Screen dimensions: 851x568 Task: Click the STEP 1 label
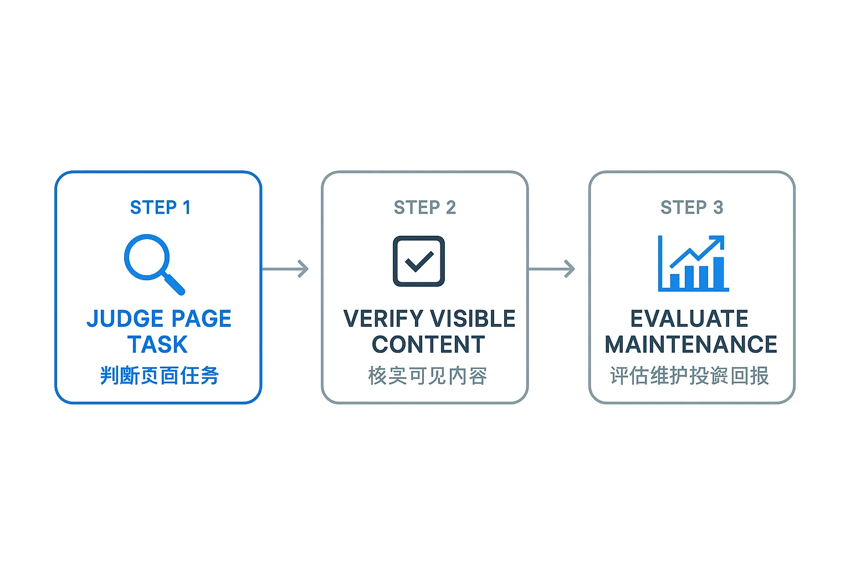pyautogui.click(x=160, y=207)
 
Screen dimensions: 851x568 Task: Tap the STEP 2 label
pyautogui.click(x=425, y=207)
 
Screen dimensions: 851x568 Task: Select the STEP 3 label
pyautogui.click(x=692, y=207)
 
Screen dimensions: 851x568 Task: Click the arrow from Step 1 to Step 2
pyautogui.click(x=285, y=269)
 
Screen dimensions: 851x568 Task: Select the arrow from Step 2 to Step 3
pyautogui.click(x=552, y=269)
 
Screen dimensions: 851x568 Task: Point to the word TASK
pyautogui.click(x=157, y=344)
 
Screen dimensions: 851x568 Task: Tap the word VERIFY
pyautogui.click(x=383, y=319)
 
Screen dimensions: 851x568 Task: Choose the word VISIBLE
pyautogui.click(x=473, y=319)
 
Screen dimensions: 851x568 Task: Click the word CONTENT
pyautogui.click(x=428, y=344)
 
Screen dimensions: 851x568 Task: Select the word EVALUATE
pyautogui.click(x=689, y=319)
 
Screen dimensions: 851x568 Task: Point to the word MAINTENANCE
pyautogui.click(x=691, y=344)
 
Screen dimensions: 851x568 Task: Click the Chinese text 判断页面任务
pyautogui.click(x=160, y=376)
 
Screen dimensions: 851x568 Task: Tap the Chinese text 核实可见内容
pyautogui.click(x=427, y=376)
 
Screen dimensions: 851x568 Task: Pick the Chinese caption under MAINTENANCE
pyautogui.click(x=690, y=376)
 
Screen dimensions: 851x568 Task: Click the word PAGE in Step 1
pyautogui.click(x=196, y=319)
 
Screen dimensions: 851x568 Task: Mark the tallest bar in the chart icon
pyautogui.click(x=719, y=273)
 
